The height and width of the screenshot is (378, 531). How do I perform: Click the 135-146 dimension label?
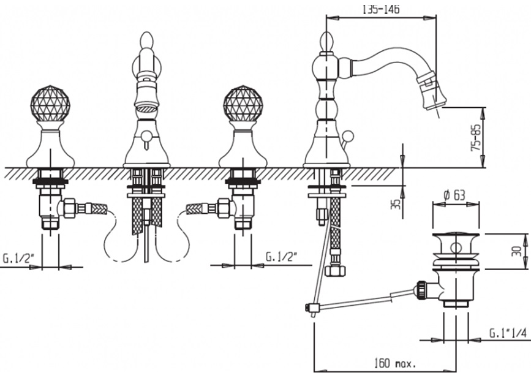click(x=381, y=9)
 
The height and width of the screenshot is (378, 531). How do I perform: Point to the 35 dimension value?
click(x=396, y=204)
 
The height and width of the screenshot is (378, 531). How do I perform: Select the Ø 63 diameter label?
click(x=454, y=195)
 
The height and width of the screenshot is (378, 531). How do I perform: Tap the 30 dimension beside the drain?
click(x=516, y=251)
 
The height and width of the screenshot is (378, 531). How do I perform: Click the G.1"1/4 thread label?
click(x=508, y=333)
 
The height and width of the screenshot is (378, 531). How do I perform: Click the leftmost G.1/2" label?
click(x=18, y=259)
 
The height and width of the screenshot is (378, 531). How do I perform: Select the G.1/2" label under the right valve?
click(x=281, y=257)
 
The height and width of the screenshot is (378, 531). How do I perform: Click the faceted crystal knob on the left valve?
click(x=50, y=103)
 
